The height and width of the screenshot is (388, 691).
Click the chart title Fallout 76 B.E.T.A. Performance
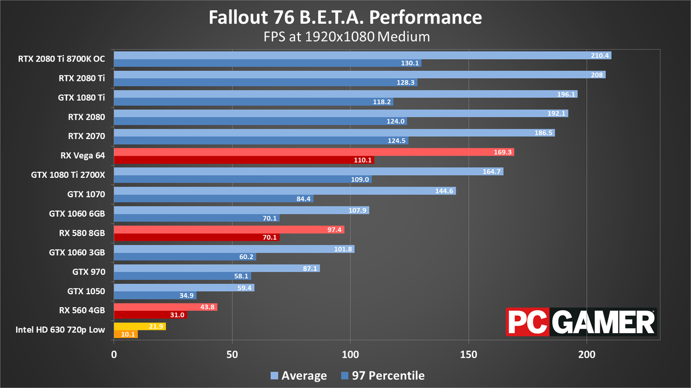345,17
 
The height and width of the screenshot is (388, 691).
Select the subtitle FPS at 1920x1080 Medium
347,37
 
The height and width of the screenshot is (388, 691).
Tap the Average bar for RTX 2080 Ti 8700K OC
362,56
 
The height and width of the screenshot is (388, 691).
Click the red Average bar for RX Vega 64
314,152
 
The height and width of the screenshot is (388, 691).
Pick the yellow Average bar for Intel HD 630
140,327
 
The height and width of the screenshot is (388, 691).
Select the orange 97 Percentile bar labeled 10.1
126,334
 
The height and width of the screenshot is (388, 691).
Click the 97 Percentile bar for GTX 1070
213,199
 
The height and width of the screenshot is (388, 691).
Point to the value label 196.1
566,94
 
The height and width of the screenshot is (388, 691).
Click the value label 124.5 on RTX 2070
396,141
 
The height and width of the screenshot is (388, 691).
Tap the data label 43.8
207,307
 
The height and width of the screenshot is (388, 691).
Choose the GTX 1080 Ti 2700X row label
68,175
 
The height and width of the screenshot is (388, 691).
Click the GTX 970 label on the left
89,272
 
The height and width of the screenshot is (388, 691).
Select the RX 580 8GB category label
82,233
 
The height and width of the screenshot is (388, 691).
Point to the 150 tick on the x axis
469,355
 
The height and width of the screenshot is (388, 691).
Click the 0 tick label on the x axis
114,355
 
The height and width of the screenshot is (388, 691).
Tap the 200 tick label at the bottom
587,355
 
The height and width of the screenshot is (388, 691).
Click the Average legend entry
299,376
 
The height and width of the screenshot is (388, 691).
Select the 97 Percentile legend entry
383,376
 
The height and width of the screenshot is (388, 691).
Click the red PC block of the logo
528,322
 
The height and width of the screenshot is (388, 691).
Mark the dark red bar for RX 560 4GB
151,315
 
